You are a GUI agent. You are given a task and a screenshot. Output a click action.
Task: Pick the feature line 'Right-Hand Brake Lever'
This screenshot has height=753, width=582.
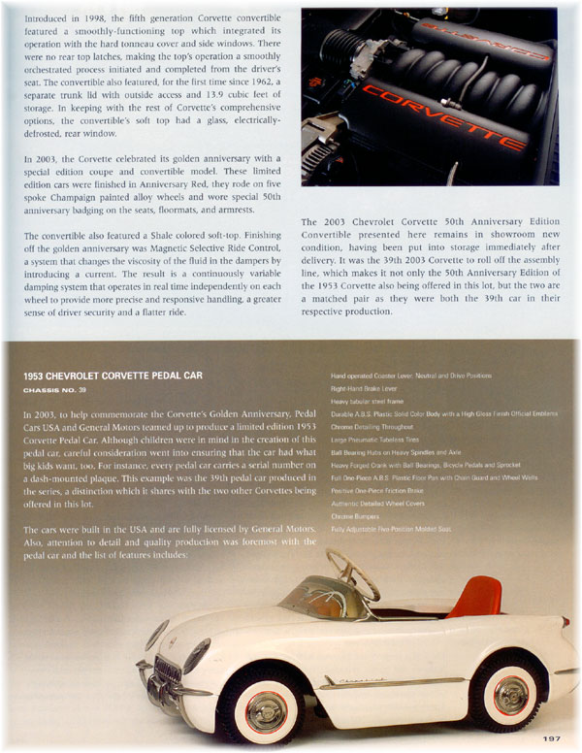(x=369, y=387)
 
